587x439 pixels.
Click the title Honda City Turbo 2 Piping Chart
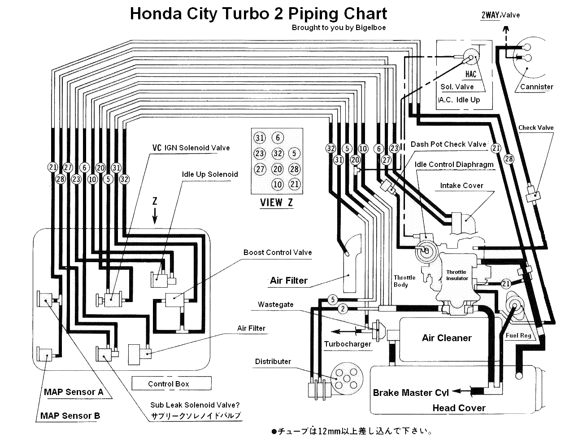258,13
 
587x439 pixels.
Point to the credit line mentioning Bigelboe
339,27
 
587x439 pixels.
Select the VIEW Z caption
277,202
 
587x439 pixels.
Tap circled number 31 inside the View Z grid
260,138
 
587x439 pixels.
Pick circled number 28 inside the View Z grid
294,169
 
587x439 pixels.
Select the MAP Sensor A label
74,392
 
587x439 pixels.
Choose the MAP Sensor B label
70,416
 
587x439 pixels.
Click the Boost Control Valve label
278,252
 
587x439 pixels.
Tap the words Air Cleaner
447,338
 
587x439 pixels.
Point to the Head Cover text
459,408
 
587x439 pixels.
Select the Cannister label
537,87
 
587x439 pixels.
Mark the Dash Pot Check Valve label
448,144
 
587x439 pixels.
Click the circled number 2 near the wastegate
343,308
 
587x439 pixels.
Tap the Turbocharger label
348,344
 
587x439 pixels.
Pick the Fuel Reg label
518,336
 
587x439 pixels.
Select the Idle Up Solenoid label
210,174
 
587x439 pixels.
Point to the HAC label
470,75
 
